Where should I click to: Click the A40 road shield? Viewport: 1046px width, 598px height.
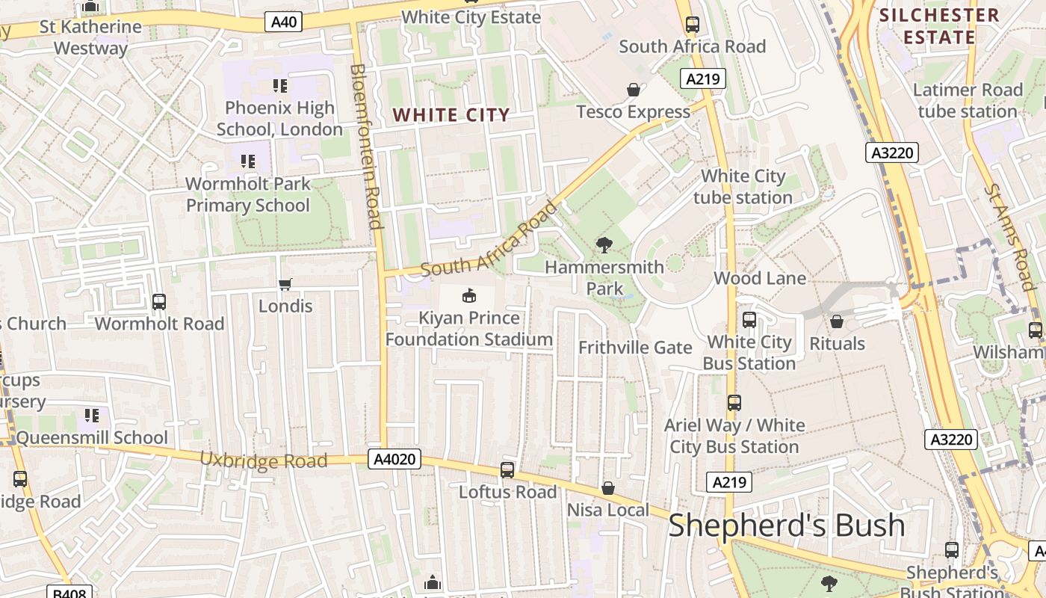[284, 22]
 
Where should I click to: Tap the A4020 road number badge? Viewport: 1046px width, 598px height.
[394, 459]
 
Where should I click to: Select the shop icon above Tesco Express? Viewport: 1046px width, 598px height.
[634, 90]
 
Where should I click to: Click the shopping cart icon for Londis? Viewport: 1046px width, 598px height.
[285, 284]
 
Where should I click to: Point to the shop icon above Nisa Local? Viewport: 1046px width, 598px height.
[608, 488]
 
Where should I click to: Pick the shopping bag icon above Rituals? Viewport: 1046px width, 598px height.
[837, 321]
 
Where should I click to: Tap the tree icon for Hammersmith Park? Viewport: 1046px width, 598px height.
[604, 244]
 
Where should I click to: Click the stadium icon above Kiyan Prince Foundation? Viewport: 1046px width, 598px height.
[469, 296]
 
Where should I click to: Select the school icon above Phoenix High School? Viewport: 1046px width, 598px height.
[280, 86]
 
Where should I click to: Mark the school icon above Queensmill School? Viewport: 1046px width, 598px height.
[92, 416]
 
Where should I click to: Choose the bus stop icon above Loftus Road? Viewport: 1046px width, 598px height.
[507, 470]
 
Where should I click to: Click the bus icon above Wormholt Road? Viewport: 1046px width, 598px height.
[159, 302]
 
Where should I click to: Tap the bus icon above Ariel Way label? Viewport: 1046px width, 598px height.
[734, 403]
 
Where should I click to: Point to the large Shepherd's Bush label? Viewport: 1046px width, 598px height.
[786, 525]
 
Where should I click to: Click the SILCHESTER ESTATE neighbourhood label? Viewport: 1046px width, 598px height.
[938, 26]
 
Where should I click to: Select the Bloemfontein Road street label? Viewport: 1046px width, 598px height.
[366, 146]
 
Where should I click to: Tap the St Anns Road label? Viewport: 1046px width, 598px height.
[1009, 236]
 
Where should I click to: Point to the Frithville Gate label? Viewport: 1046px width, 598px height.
[635, 348]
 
